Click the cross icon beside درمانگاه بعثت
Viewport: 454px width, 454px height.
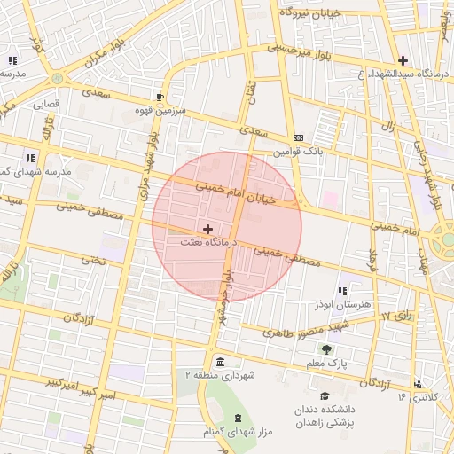[x=208, y=229]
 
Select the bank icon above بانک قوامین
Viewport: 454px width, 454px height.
[x=298, y=137]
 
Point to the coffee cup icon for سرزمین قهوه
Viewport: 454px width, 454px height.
[x=160, y=96]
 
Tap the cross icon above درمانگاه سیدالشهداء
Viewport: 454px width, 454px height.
[x=403, y=60]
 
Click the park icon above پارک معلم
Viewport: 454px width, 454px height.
[x=326, y=348]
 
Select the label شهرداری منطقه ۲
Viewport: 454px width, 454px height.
[x=219, y=376]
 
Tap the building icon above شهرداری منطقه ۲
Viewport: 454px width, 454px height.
[x=220, y=361]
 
